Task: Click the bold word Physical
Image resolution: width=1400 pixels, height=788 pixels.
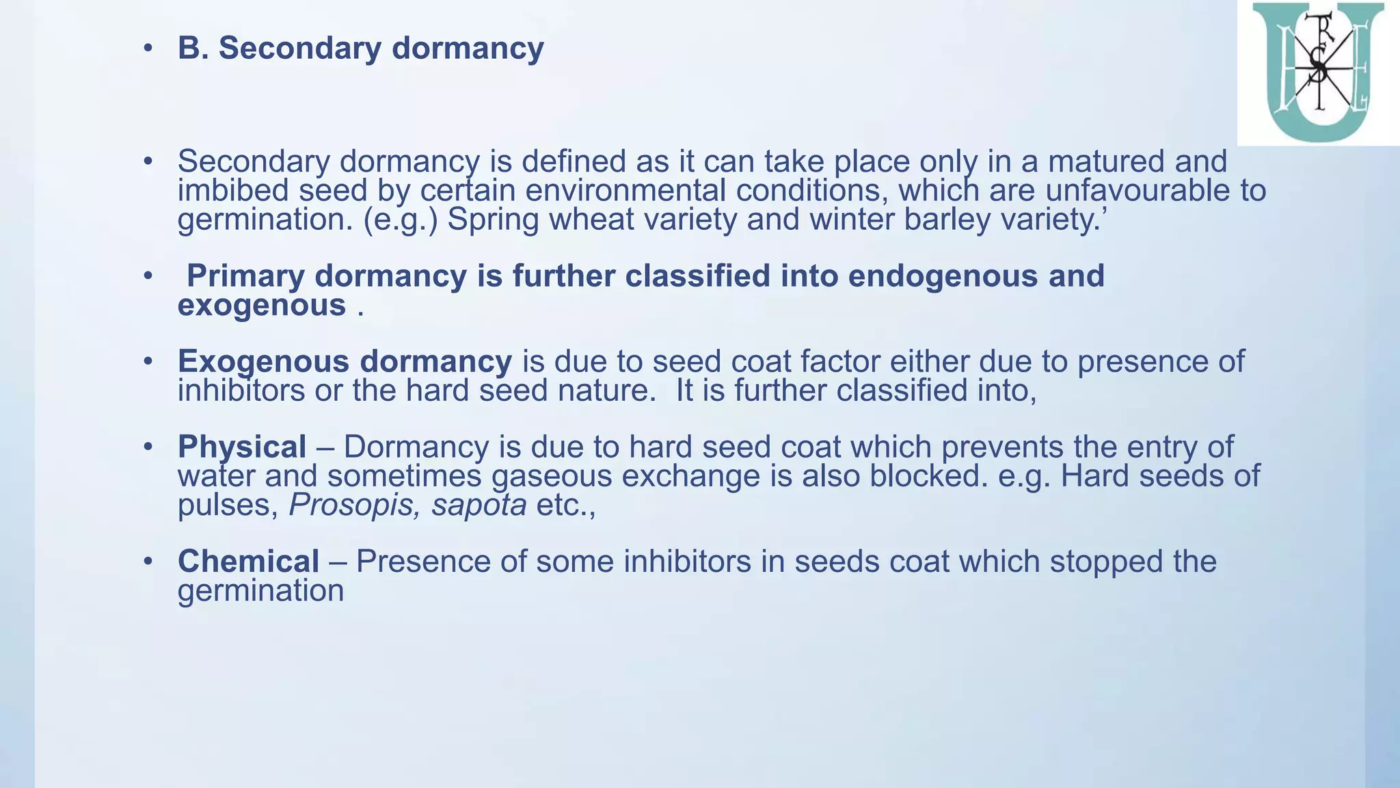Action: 241,447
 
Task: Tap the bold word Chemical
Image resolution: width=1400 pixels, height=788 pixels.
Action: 248,562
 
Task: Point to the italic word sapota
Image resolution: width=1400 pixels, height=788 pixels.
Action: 479,505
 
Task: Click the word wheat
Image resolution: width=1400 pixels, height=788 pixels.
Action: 592,220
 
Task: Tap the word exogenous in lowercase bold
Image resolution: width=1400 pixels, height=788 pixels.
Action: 261,305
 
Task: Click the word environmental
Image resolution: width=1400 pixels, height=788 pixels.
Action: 625,191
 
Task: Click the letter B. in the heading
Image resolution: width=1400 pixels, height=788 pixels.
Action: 193,49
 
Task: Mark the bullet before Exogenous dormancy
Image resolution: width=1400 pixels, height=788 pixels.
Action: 148,362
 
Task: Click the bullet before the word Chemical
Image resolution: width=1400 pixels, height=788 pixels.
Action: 148,562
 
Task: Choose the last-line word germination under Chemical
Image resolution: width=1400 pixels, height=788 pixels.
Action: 260,591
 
